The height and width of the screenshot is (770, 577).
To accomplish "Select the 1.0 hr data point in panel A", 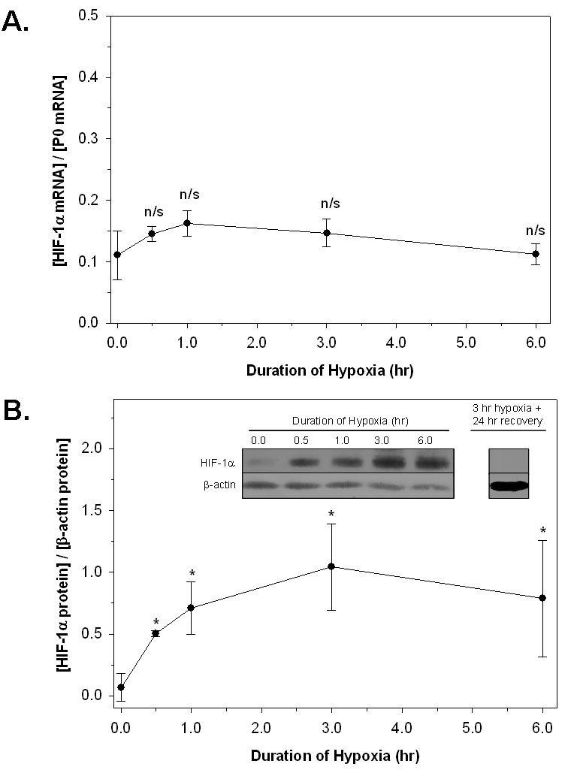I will click(187, 223).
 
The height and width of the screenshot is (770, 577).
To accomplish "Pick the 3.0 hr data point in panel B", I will click(331, 566).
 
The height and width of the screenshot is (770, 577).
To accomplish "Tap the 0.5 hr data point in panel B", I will click(156, 633).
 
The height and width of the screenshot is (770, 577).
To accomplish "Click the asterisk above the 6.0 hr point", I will click(542, 531).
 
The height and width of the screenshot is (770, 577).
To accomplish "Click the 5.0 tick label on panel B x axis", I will click(472, 727).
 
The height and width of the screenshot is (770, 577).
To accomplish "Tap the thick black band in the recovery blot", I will click(509, 486).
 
